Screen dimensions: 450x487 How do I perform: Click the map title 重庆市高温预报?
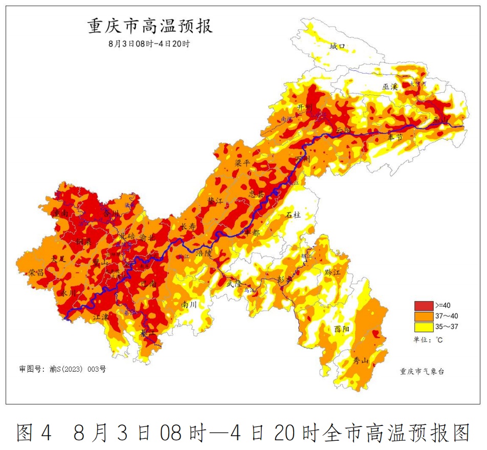click(x=150, y=26)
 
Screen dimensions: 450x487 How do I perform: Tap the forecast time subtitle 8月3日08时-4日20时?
click(x=149, y=44)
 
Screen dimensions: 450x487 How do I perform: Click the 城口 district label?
click(x=338, y=47)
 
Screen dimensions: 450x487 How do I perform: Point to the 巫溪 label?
click(x=390, y=87)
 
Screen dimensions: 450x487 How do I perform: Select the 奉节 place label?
click(x=395, y=137)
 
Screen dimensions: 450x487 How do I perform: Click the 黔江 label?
click(x=332, y=272)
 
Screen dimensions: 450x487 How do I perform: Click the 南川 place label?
click(x=189, y=304)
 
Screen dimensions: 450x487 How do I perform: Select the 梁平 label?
click(x=242, y=163)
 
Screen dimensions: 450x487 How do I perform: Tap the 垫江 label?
click(x=215, y=201)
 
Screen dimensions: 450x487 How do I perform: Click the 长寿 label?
click(x=189, y=226)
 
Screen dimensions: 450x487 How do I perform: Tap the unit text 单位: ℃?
click(x=430, y=339)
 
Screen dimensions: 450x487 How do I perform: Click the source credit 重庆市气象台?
click(x=422, y=371)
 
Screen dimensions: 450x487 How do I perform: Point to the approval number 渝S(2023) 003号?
click(x=63, y=369)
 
